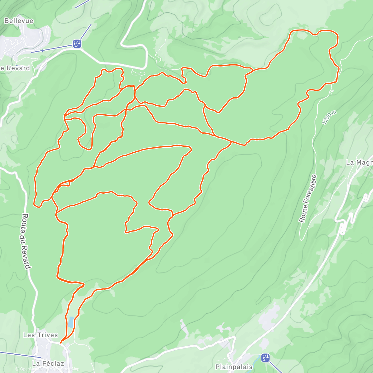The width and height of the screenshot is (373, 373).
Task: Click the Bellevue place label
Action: [19, 21]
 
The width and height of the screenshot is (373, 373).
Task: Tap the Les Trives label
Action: [40, 335]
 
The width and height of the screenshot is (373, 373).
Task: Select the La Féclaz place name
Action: [48, 363]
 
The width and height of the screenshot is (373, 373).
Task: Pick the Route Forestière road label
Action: [308, 199]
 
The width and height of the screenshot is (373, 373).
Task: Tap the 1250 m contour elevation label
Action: [329, 118]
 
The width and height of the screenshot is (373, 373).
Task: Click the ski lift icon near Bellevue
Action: [77, 44]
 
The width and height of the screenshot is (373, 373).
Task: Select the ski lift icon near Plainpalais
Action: [265, 358]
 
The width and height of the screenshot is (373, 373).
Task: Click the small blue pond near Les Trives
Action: [71, 322]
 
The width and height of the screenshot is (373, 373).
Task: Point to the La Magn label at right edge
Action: [359, 163]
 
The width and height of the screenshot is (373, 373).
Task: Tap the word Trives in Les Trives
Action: [47, 335]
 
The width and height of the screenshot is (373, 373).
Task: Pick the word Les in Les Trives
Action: [28, 335]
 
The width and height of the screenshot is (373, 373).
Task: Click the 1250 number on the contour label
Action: [328, 119]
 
